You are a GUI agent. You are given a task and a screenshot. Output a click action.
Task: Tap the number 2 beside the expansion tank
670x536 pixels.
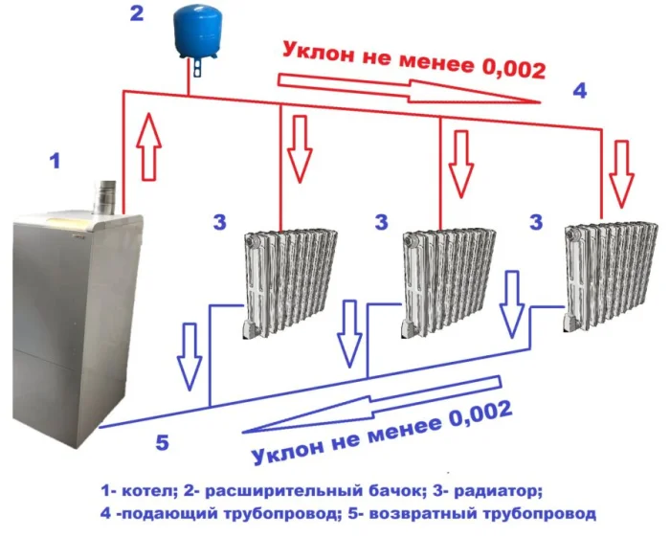click(x=136, y=13)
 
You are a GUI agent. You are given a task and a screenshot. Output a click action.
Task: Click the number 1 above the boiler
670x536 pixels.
click(x=56, y=161)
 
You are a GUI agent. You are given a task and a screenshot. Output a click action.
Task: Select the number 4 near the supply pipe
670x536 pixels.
click(x=579, y=91)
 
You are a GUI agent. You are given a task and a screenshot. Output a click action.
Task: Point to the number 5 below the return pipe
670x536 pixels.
click(x=163, y=442)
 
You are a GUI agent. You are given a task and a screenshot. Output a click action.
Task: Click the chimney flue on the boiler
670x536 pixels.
click(x=103, y=196)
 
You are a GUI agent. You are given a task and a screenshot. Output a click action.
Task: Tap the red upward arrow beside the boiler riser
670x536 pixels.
click(x=148, y=145)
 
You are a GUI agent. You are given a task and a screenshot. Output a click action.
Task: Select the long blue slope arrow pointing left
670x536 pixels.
click(x=371, y=404)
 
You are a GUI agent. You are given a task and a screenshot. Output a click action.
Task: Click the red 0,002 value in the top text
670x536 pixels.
click(x=514, y=68)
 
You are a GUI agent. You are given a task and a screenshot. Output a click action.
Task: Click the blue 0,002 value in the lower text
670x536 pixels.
click(x=480, y=414)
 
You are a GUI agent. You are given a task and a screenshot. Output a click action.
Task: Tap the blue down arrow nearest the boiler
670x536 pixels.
click(x=190, y=356)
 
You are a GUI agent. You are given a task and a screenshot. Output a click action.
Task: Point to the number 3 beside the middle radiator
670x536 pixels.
click(x=382, y=222)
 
